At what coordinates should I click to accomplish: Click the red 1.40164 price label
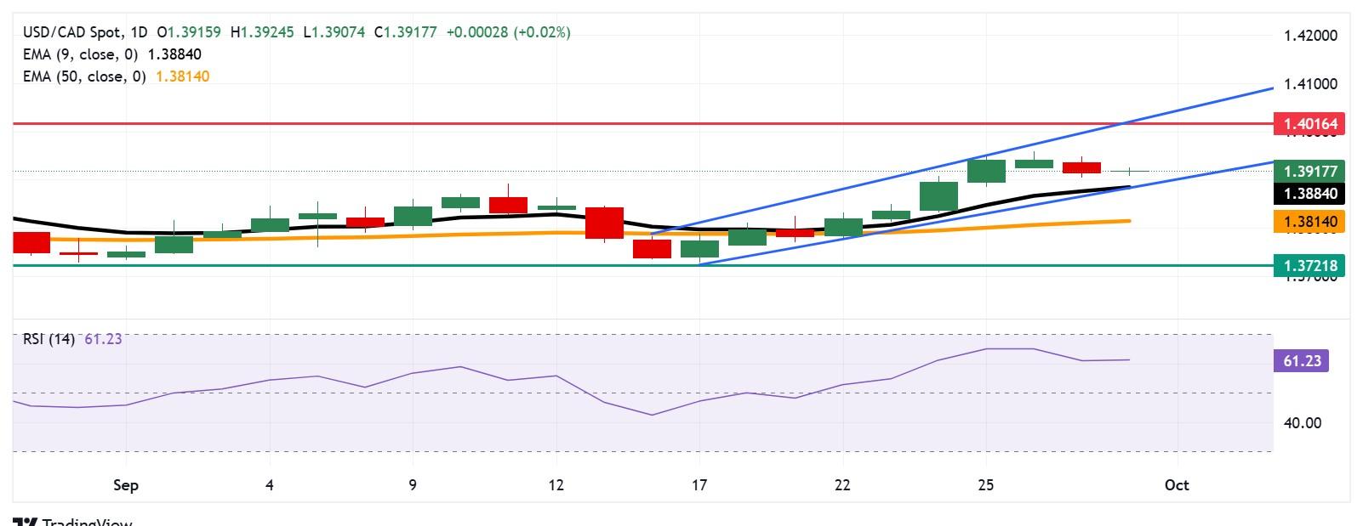point(1309,124)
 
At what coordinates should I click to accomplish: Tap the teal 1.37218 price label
point(1309,266)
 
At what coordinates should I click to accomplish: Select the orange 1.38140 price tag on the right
point(1309,222)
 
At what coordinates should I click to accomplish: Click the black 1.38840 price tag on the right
point(1309,194)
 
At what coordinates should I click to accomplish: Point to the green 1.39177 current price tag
point(1309,171)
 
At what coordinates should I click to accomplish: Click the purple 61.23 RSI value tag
point(1301,361)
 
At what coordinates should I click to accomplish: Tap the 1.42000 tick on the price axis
point(1310,36)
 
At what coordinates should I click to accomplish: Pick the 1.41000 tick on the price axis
point(1310,84)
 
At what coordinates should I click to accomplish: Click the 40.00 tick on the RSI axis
point(1302,422)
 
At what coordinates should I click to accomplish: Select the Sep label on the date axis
point(126,485)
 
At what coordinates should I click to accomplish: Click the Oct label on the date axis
point(1177,485)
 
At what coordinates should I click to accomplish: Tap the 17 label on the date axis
point(699,485)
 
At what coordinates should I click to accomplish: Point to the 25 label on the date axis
point(985,485)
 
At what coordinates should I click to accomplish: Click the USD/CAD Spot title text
point(72,32)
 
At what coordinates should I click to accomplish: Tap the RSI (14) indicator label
point(48,339)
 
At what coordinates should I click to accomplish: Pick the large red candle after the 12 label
point(604,223)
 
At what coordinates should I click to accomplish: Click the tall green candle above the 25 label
point(986,171)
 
